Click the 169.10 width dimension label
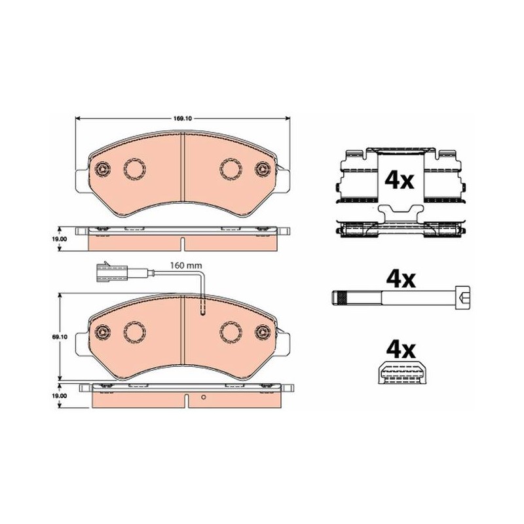(x=182, y=119)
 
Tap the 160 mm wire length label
(x=186, y=266)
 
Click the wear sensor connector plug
(x=111, y=270)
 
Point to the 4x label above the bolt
(x=401, y=280)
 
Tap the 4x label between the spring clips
(x=400, y=181)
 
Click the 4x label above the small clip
(x=401, y=350)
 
